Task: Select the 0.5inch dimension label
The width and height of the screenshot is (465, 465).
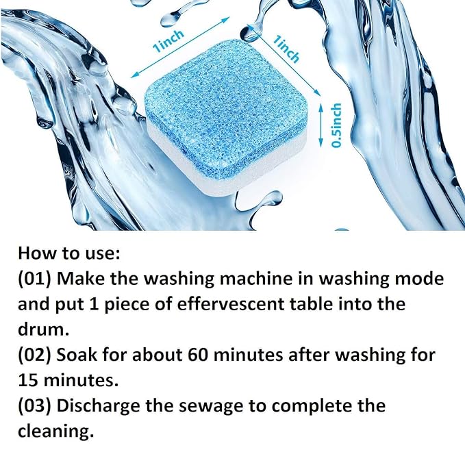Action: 336,125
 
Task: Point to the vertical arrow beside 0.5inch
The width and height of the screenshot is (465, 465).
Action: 323,125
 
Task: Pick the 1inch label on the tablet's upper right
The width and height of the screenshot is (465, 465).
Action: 286,50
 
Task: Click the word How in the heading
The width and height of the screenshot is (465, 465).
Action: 36,253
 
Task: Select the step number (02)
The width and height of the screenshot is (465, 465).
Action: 36,355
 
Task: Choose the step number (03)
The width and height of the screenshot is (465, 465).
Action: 36,405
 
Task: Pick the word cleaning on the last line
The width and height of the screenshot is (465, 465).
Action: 54,431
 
